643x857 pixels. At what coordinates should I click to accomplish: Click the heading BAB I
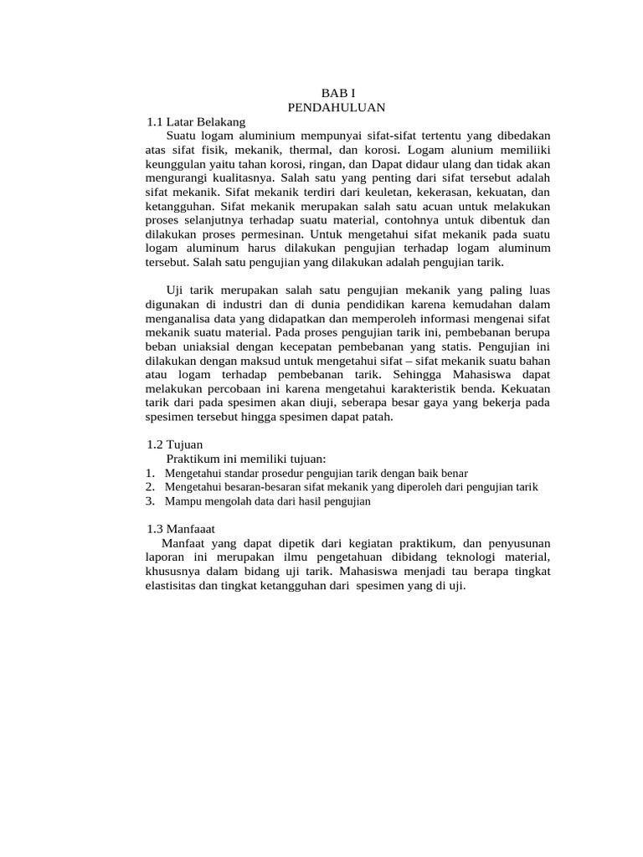click(x=340, y=94)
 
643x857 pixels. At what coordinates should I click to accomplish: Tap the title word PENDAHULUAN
click(x=336, y=107)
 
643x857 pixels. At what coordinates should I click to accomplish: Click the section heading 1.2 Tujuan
click(x=175, y=444)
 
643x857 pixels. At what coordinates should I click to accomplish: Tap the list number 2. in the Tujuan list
click(x=150, y=486)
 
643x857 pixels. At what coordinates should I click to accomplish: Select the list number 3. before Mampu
click(x=150, y=500)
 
